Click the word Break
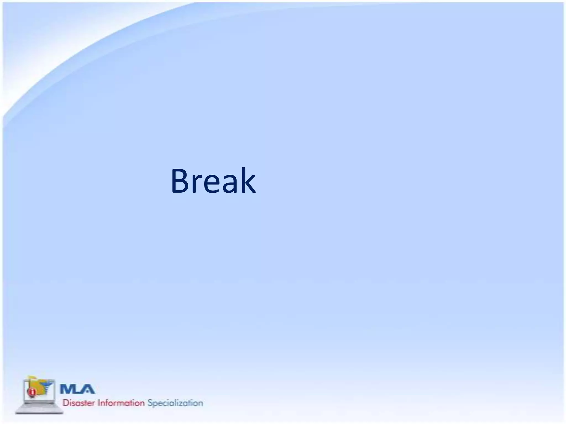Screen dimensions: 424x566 tap(213, 181)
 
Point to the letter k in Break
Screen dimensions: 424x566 tap(247, 181)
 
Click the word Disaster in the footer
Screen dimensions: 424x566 tap(78, 403)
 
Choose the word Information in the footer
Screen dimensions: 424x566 tap(121, 403)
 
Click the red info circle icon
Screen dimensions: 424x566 tap(32, 392)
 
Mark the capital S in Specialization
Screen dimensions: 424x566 tap(150, 403)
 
